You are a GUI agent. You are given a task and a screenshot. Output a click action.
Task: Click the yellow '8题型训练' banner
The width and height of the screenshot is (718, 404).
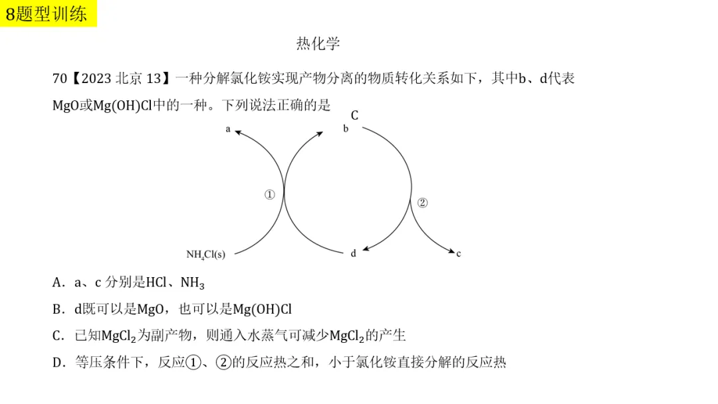click(49, 13)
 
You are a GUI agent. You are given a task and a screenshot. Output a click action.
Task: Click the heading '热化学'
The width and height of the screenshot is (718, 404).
click(318, 44)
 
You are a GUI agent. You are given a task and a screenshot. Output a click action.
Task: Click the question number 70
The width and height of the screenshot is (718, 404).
click(59, 78)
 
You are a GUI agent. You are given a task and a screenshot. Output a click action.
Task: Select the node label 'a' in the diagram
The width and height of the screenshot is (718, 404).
click(228, 129)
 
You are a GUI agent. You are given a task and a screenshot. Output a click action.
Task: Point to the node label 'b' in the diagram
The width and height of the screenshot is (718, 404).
click(346, 128)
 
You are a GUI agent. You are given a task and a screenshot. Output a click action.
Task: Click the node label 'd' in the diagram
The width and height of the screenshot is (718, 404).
click(354, 252)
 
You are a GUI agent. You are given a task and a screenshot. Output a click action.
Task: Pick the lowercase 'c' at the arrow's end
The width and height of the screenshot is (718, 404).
click(459, 253)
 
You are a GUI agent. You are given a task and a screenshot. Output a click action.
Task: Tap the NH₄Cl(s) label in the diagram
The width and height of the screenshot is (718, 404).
click(205, 254)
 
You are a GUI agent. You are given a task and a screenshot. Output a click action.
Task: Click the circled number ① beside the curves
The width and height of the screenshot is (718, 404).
click(269, 195)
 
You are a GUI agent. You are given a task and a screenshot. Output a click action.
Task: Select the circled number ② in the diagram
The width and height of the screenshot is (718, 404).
click(422, 203)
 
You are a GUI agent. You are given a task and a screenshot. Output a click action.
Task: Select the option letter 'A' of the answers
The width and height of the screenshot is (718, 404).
click(57, 282)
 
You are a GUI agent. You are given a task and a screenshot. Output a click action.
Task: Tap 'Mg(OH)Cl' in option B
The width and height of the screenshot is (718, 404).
click(262, 309)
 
